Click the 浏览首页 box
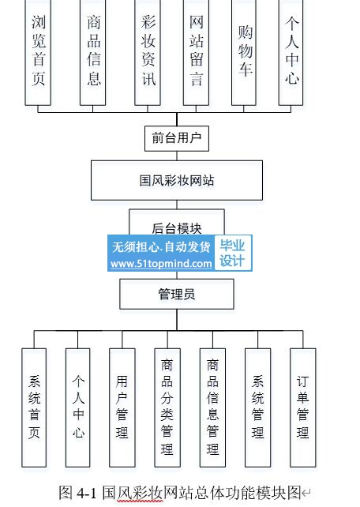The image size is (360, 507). tap(38, 52)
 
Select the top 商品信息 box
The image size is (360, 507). tap(92, 52)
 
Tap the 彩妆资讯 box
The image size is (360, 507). tap(148, 52)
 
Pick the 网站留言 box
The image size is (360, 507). tap(196, 52)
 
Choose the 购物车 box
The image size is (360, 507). tap(244, 52)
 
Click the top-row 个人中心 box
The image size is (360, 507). tap(291, 52)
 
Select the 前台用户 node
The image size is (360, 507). tap(177, 139)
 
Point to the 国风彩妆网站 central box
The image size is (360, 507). tap(177, 180)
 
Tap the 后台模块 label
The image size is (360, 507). tap(177, 228)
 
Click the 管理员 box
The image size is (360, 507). tap(177, 295)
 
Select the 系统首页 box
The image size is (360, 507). tap(34, 407)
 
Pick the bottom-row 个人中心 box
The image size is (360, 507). tap(78, 407)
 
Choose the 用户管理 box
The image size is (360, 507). tap(122, 407)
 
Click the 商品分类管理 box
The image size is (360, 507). tap(167, 407)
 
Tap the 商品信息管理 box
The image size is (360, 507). tap(212, 407)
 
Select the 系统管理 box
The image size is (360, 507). tap(258, 407)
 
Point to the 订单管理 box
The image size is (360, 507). tap(303, 407)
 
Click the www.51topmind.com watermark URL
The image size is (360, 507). tap(161, 264)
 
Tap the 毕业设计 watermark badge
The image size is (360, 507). tap(233, 253)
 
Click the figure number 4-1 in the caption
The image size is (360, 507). tap(87, 493)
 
